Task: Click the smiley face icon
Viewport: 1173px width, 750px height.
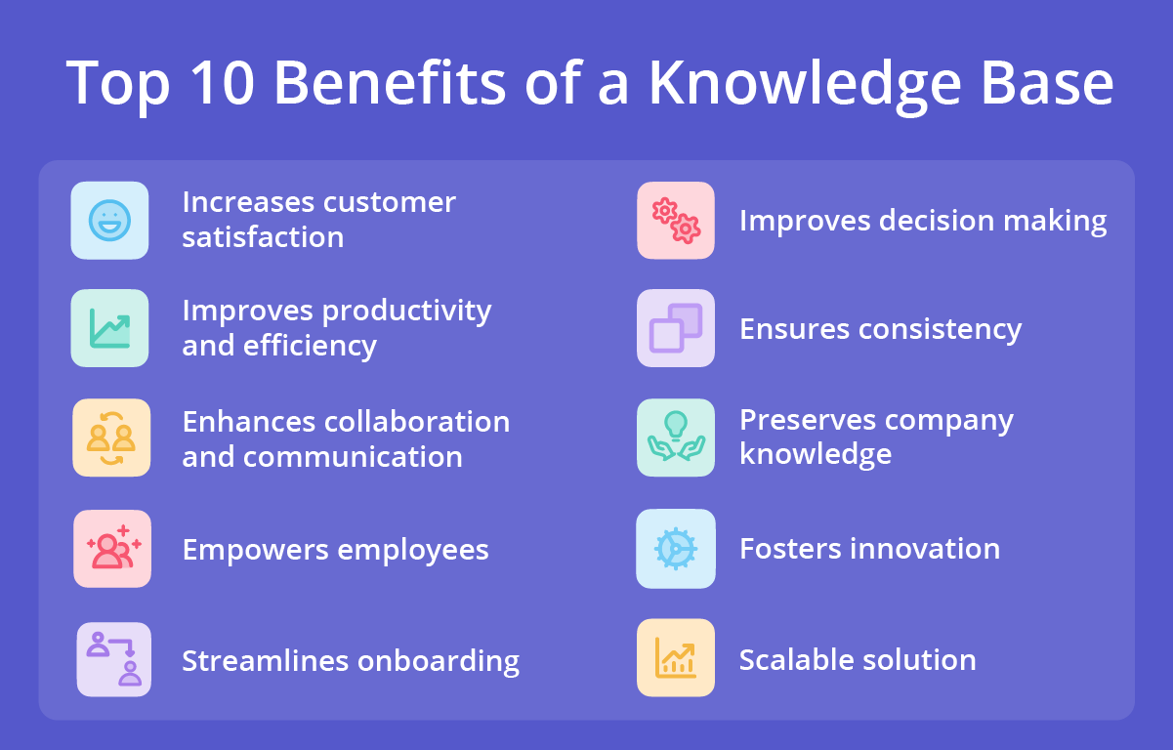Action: click(109, 221)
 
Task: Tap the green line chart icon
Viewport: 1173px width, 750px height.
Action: click(109, 328)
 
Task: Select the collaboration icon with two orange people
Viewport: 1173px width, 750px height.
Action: click(111, 437)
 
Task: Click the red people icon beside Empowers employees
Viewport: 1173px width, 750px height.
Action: click(112, 549)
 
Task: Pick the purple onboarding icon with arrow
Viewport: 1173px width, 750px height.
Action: click(114, 659)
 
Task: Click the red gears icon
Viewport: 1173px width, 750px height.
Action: click(676, 221)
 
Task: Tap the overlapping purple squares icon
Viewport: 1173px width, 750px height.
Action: click(676, 328)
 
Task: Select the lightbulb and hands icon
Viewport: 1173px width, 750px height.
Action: click(676, 437)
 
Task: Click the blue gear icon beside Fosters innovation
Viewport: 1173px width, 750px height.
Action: click(676, 549)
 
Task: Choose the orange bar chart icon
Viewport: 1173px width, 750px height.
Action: click(676, 658)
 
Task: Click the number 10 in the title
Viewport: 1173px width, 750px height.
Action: click(224, 83)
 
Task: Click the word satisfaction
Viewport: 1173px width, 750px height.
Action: click(263, 237)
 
